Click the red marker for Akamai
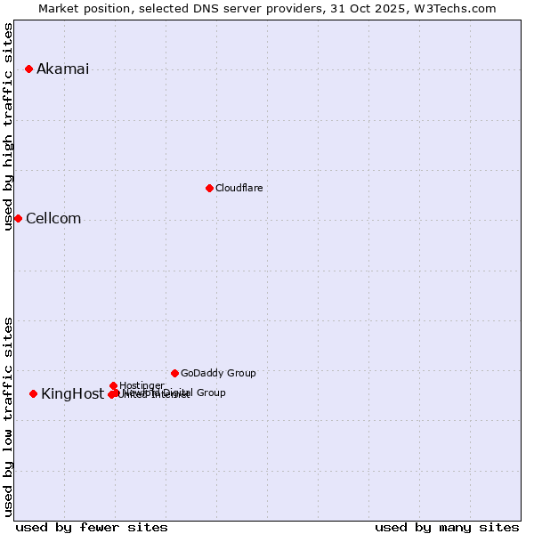click(28, 69)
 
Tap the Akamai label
click(62, 69)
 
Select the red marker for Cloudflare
click(209, 188)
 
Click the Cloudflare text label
click(239, 188)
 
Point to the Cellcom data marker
click(18, 218)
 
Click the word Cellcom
click(53, 219)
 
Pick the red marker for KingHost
click(33, 393)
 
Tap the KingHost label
click(72, 394)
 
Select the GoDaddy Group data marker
click(174, 373)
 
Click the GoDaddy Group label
click(218, 373)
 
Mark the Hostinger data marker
click(113, 385)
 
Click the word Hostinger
click(142, 385)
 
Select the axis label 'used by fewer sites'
click(92, 527)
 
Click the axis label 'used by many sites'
click(447, 527)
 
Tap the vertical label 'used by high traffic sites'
click(9, 126)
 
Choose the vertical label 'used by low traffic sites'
click(9, 417)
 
